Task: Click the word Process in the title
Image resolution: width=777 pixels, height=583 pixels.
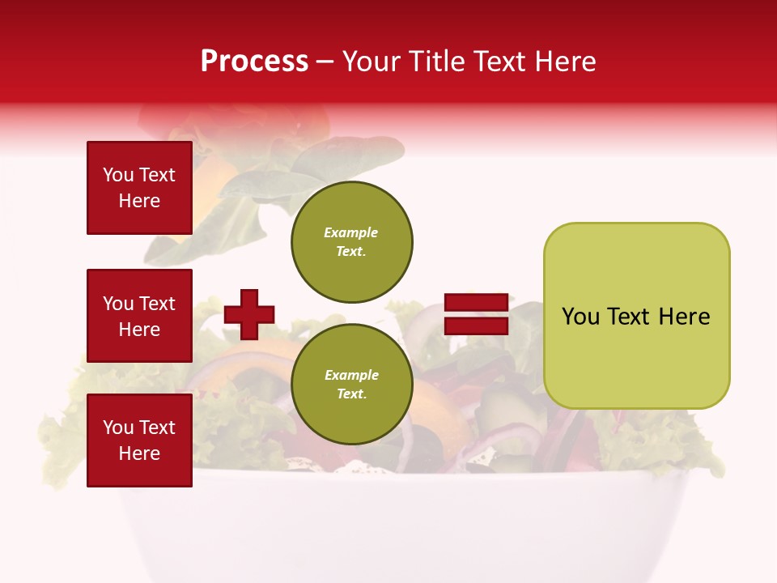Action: [254, 62]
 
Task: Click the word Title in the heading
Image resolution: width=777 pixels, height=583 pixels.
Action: [437, 62]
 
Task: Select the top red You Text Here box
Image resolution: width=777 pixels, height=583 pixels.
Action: [139, 188]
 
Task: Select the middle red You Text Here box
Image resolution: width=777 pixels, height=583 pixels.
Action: [139, 316]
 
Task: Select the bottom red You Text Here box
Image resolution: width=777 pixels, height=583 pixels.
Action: [139, 440]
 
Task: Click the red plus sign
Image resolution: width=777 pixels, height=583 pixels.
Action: [249, 314]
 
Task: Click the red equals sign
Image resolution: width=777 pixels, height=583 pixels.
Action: [476, 314]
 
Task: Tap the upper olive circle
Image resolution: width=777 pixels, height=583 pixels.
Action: [352, 242]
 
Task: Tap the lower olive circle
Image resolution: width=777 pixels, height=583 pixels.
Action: [352, 385]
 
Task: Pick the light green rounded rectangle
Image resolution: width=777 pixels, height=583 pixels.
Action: [636, 316]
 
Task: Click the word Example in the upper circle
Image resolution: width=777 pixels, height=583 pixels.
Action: [351, 232]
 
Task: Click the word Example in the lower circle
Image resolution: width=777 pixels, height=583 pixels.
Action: [351, 375]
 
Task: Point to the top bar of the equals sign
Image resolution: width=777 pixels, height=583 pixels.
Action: [476, 303]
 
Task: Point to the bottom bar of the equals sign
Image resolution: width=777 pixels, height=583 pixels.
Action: [476, 326]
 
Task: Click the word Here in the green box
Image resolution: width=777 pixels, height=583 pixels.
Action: [684, 317]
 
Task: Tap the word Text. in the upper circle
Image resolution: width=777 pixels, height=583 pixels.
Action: [351, 252]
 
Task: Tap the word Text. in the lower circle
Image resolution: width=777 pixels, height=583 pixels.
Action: [351, 394]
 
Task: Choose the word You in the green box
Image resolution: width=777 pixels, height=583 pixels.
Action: [580, 317]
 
